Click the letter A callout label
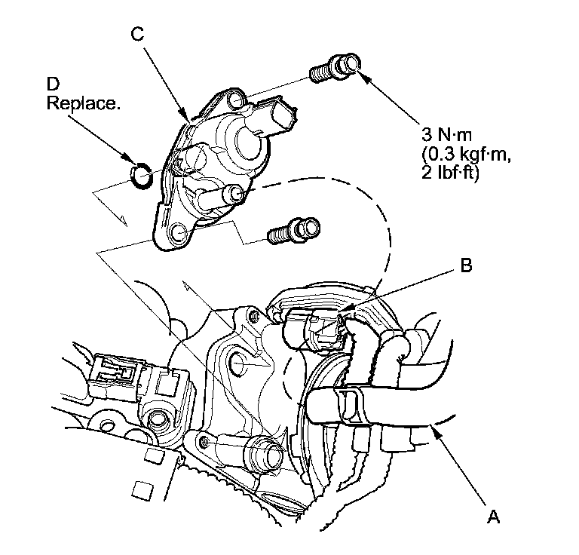pyautogui.click(x=493, y=517)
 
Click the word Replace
pyautogui.click(x=83, y=103)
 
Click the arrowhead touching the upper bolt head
pyautogui.click(x=357, y=73)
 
